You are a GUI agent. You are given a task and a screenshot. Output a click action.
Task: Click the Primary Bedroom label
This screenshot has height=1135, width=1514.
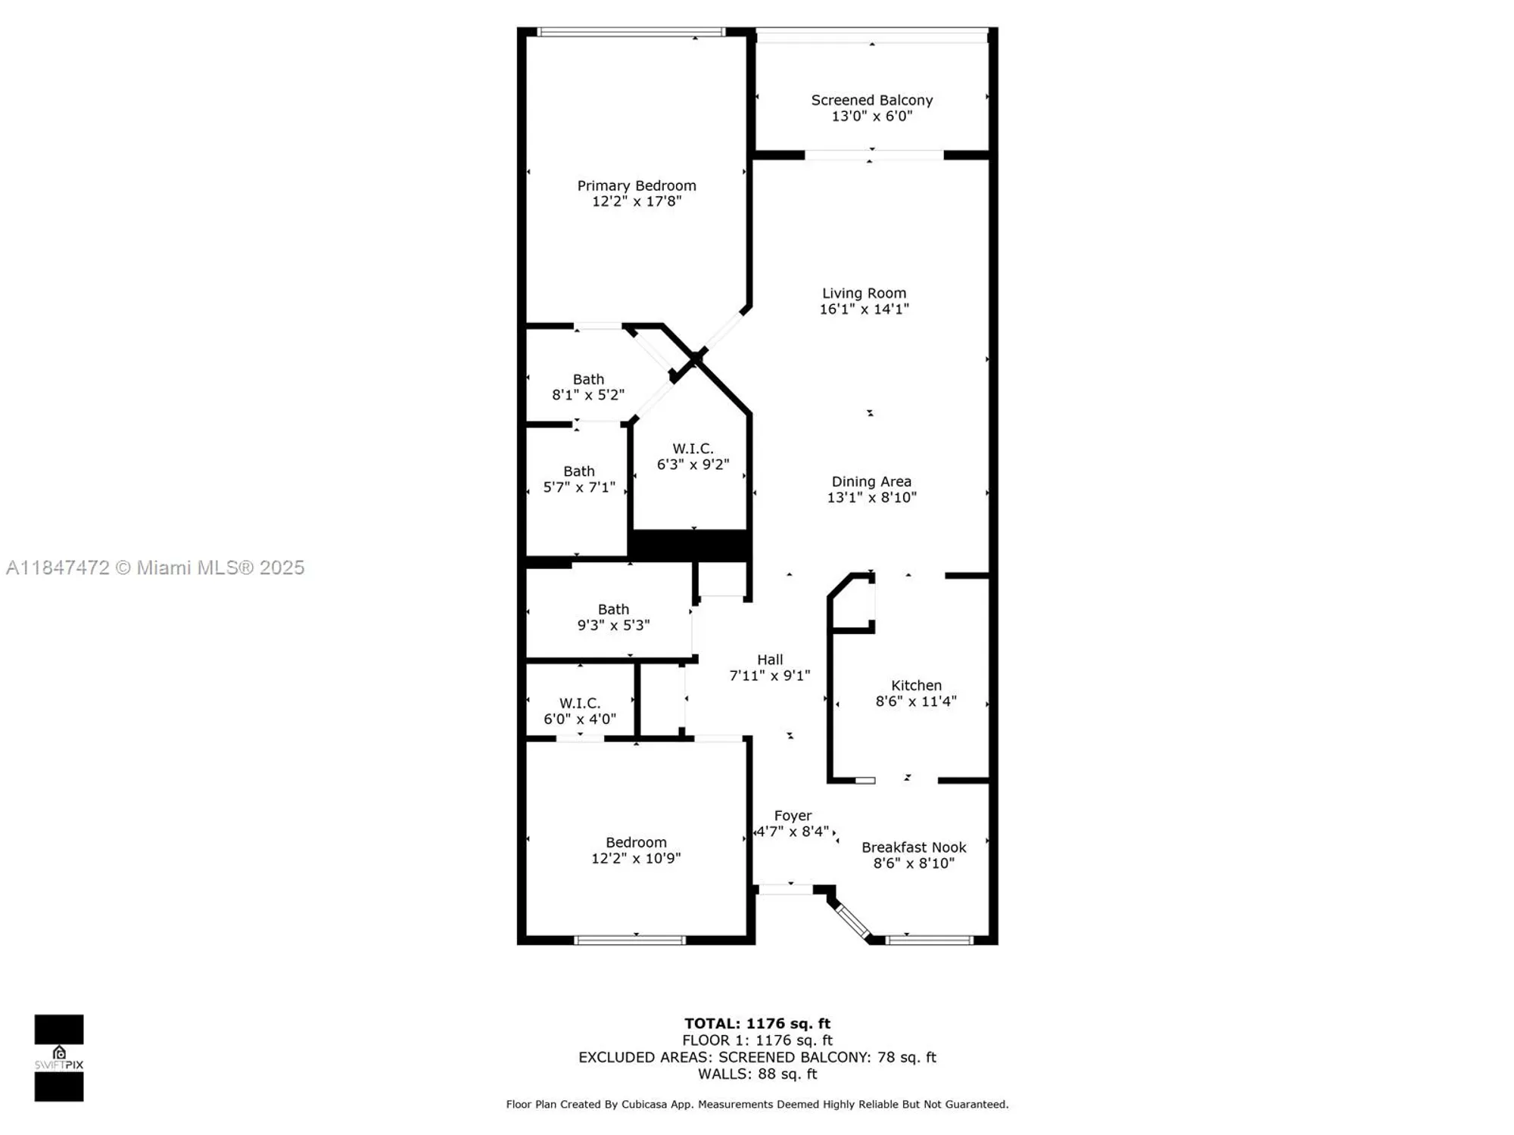(636, 185)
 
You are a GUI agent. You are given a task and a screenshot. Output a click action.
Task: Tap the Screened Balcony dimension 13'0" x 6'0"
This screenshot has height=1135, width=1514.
(871, 117)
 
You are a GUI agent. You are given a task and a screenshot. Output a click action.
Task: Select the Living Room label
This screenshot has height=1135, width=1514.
(864, 293)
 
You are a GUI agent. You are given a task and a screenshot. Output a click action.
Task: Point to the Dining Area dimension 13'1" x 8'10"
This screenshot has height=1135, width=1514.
(871, 498)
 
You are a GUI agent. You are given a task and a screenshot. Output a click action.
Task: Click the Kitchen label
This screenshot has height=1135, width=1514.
(916, 686)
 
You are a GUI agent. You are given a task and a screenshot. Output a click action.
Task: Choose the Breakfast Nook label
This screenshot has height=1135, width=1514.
(914, 847)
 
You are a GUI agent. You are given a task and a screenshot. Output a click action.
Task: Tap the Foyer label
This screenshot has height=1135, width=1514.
(793, 816)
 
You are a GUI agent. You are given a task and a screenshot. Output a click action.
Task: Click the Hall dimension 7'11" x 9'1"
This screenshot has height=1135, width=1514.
(769, 676)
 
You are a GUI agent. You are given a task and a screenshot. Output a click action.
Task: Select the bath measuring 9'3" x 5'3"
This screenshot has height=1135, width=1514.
(613, 617)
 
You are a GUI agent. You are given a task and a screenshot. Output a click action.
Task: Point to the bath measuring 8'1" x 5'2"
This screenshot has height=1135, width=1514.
(588, 387)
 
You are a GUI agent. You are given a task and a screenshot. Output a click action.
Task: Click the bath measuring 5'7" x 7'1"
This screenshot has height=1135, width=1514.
(579, 479)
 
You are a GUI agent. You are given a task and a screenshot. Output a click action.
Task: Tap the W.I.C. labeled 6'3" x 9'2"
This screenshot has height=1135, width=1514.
(693, 456)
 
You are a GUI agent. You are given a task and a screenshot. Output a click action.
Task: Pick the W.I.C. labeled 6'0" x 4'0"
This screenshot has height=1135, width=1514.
(580, 711)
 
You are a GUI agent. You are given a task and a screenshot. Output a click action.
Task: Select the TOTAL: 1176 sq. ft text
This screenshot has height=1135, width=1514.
(757, 1024)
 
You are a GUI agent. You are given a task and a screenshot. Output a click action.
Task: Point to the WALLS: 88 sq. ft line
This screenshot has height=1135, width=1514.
(757, 1074)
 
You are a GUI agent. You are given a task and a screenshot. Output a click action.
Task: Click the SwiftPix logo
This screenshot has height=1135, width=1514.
(59, 1058)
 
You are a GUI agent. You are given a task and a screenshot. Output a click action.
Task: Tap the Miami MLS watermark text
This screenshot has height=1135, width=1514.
(155, 567)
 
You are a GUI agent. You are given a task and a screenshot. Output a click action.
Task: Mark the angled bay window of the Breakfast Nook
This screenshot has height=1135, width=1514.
(852, 921)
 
